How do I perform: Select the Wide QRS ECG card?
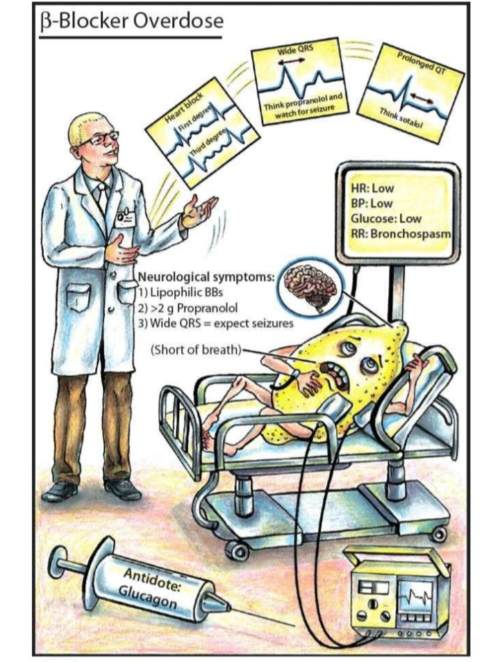[300, 81]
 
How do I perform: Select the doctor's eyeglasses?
[100, 140]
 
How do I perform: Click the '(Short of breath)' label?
[195, 349]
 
